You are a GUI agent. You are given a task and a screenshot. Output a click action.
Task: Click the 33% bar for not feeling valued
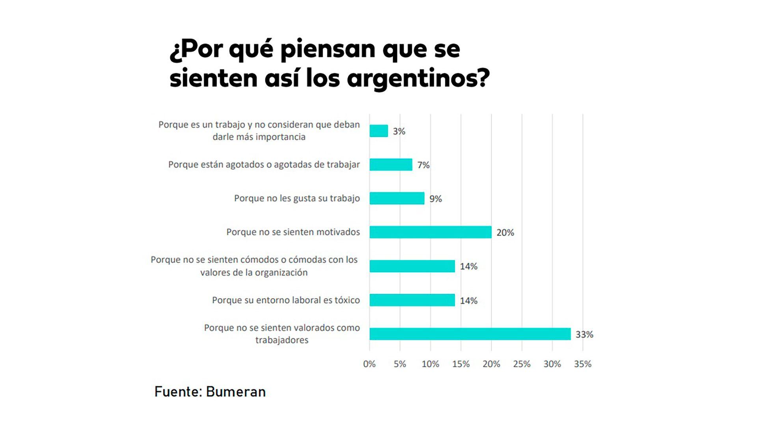click(x=470, y=334)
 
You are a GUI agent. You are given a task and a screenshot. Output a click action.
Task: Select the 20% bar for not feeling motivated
click(x=431, y=232)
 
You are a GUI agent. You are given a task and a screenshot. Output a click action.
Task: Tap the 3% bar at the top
click(x=378, y=131)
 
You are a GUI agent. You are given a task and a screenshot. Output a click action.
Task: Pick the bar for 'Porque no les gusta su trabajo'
click(x=397, y=198)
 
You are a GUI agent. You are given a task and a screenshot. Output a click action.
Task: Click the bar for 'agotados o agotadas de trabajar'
click(x=391, y=165)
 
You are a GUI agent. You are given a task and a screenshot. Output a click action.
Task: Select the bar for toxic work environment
click(x=412, y=300)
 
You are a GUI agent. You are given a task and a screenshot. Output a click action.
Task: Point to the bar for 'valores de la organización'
click(x=412, y=266)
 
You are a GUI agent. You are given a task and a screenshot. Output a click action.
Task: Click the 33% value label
click(x=584, y=334)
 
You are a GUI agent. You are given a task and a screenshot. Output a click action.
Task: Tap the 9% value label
click(x=436, y=199)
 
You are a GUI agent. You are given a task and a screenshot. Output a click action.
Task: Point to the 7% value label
click(x=423, y=165)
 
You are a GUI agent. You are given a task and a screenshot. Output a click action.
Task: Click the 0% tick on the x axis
click(x=369, y=364)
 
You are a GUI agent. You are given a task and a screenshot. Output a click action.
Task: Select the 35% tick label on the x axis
click(x=583, y=364)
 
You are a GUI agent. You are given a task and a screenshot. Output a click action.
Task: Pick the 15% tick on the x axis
click(x=461, y=364)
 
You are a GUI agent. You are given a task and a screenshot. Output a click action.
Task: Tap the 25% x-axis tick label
click(x=522, y=364)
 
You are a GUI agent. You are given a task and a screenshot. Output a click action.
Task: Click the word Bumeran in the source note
click(x=236, y=392)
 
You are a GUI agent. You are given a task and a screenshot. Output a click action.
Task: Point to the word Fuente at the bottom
click(x=178, y=392)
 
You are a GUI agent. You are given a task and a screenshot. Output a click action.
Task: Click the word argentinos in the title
click(x=418, y=78)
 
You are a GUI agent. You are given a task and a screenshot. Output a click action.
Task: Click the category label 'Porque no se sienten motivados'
click(x=293, y=232)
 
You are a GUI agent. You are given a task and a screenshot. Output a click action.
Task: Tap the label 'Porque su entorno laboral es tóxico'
click(x=286, y=300)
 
